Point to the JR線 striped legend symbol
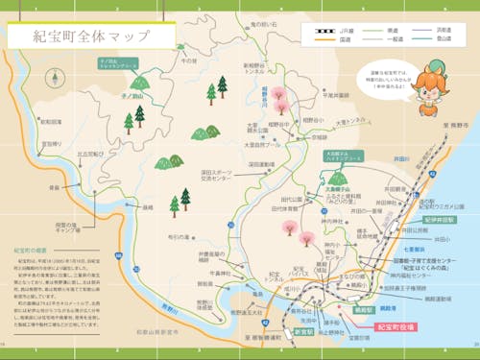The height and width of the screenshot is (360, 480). [x=317, y=31]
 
